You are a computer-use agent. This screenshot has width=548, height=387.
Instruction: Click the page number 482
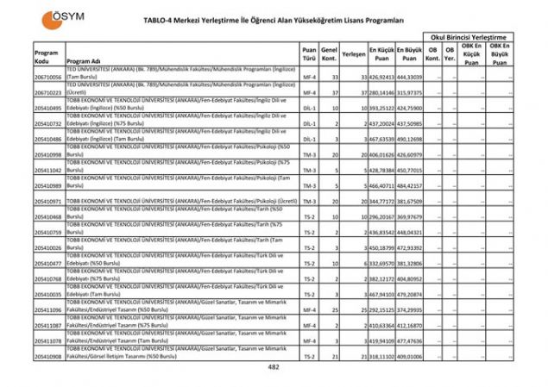coord(274,366)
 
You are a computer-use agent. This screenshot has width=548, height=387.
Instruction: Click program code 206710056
coord(49,77)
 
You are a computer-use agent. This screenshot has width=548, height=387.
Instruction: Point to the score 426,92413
coord(381,77)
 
